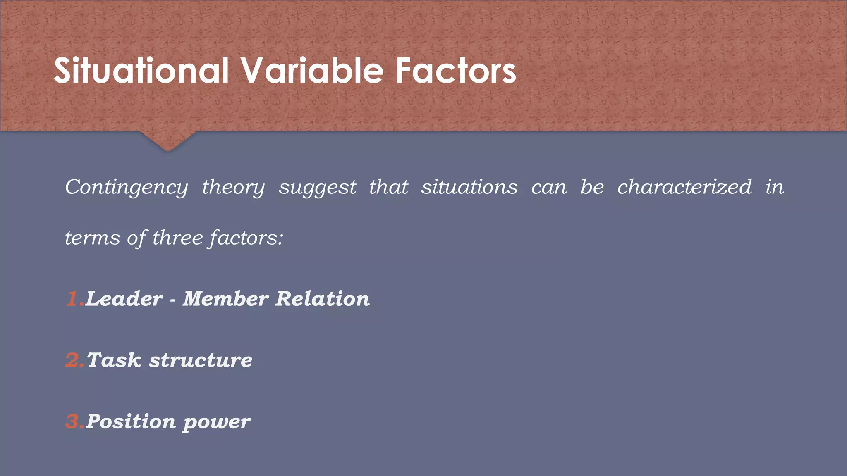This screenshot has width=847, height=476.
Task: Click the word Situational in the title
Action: [x=141, y=71]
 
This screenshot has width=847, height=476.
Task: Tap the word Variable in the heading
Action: [x=312, y=71]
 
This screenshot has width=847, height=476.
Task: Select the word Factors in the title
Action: [x=456, y=71]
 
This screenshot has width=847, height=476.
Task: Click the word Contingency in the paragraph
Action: [x=126, y=188]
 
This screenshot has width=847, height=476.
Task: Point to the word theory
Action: [x=233, y=188]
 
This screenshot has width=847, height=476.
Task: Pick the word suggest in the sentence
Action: [x=317, y=188]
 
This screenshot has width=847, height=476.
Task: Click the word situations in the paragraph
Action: [x=469, y=187]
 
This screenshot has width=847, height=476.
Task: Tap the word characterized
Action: [x=684, y=187]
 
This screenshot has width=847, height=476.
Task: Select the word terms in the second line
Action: [x=92, y=238]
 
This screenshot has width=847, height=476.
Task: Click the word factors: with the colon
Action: [x=246, y=238]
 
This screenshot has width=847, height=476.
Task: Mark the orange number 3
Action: [x=73, y=421]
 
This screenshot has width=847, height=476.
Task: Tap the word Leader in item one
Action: [x=124, y=299]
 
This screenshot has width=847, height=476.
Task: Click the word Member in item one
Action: [x=225, y=299]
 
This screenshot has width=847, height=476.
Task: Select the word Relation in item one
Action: [x=323, y=299]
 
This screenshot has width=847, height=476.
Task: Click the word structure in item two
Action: [x=201, y=360]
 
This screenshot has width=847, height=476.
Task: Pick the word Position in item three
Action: [x=131, y=421]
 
